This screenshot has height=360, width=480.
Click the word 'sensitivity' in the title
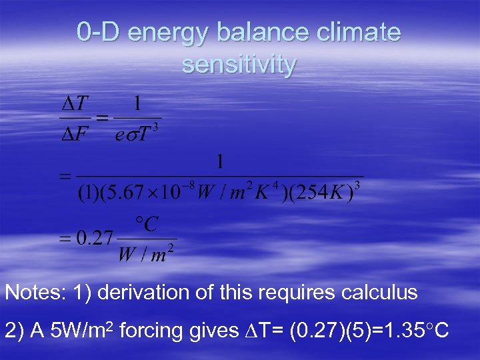coord(239,65)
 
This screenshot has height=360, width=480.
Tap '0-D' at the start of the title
coord(99,32)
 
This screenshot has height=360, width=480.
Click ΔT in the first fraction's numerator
coord(74,104)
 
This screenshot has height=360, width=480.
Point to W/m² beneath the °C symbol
coord(146,254)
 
